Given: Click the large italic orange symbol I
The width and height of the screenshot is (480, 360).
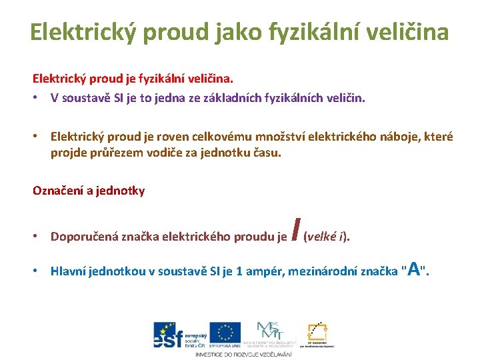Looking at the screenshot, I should pyautogui.click(x=294, y=231).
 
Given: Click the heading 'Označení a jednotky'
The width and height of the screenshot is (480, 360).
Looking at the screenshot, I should pyautogui.click(x=89, y=190).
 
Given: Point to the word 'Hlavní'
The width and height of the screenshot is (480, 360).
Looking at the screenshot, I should pyautogui.click(x=69, y=271).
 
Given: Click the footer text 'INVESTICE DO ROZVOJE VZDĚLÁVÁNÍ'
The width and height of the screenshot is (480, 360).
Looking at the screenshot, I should pyautogui.click(x=243, y=354).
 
